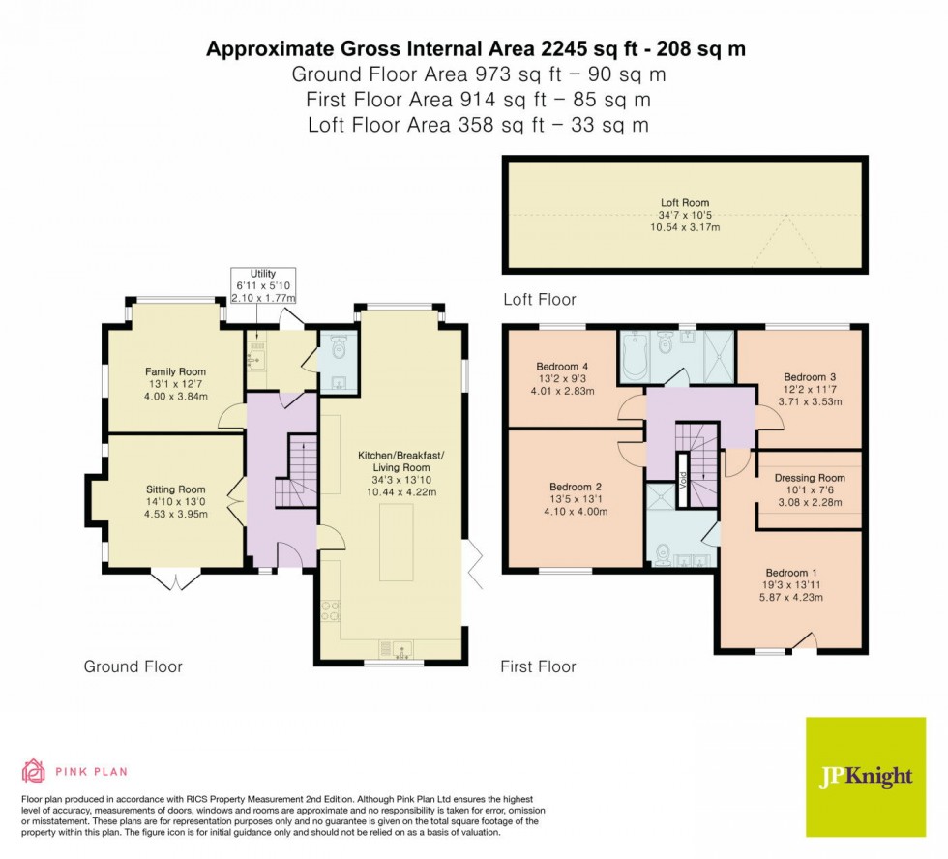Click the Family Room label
click(x=175, y=371)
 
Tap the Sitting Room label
click(x=175, y=489)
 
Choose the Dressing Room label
click(x=810, y=478)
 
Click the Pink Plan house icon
click(x=34, y=771)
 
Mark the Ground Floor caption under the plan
click(x=133, y=666)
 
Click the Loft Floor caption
click(x=539, y=300)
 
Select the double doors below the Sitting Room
click(x=175, y=580)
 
